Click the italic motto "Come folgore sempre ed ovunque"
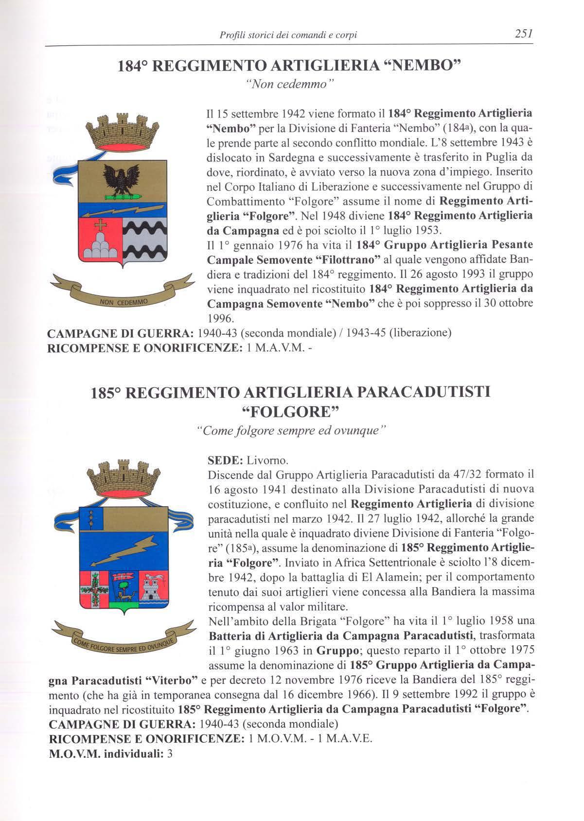290,431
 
